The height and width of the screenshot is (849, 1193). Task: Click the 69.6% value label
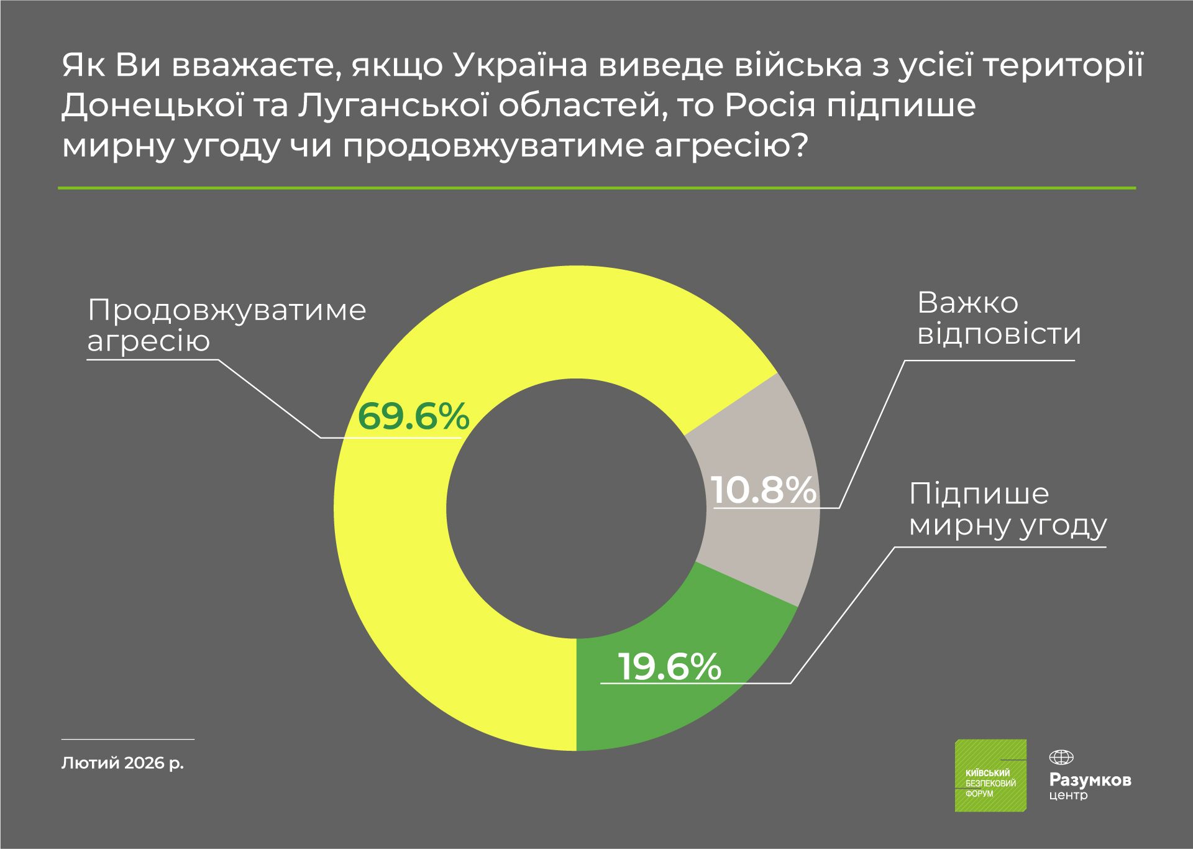click(413, 416)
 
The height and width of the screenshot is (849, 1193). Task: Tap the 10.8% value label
click(763, 490)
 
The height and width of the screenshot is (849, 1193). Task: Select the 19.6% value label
click(670, 667)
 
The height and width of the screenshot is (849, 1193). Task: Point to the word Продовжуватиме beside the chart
click(227, 310)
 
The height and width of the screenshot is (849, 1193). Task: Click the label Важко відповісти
click(999, 318)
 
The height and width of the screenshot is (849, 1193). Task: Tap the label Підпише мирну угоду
click(1007, 509)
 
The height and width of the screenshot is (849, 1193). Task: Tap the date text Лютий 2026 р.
click(123, 763)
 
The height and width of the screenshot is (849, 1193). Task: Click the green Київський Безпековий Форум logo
click(990, 775)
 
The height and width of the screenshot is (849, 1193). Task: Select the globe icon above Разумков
click(1061, 758)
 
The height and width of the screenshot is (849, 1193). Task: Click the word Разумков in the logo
click(1090, 780)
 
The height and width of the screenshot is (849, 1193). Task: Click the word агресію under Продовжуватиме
click(149, 341)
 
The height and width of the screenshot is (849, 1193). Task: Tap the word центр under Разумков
click(1068, 795)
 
